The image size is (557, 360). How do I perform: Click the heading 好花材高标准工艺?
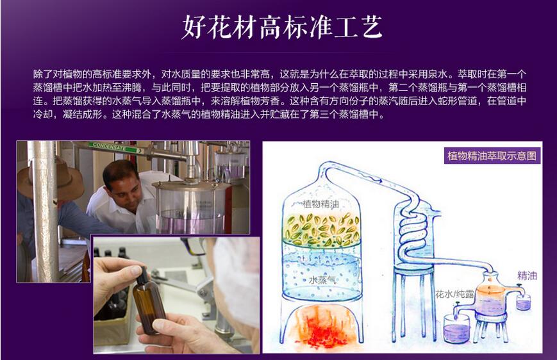point(282,27)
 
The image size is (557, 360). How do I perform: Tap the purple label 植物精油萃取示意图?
point(492,156)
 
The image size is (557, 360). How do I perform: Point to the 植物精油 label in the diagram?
point(320,204)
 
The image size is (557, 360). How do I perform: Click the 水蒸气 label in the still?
point(322,280)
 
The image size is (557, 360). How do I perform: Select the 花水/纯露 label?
point(454,294)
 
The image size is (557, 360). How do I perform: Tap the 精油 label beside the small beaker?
point(527,275)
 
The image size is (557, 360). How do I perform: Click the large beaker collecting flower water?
point(456,329)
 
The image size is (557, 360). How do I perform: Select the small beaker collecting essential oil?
point(523,302)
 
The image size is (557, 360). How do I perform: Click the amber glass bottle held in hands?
point(147,301)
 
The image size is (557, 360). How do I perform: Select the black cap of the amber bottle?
point(142,275)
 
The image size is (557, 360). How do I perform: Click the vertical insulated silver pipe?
point(45,211)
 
